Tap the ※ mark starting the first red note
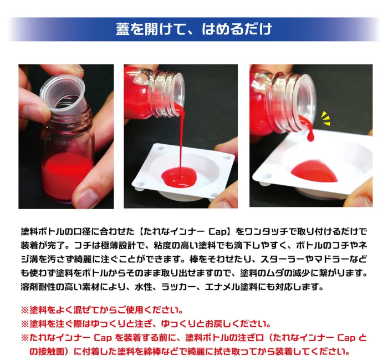click(x=24, y=310)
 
